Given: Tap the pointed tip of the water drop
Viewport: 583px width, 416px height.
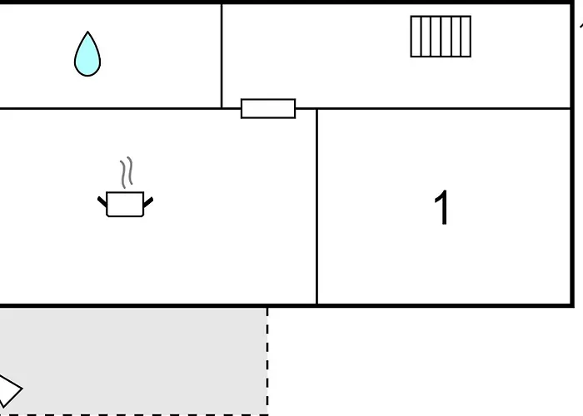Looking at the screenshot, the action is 87,32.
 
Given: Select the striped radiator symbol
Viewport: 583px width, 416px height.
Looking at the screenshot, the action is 441,37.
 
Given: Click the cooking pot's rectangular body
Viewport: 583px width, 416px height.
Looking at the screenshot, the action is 125,204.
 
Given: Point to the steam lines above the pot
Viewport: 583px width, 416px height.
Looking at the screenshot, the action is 127,172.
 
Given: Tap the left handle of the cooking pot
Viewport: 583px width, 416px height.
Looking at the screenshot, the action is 102,201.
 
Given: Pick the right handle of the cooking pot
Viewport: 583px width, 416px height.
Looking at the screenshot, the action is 148,202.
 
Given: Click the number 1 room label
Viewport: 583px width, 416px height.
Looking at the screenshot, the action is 441,207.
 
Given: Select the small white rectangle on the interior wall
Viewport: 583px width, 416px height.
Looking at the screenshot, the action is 268,108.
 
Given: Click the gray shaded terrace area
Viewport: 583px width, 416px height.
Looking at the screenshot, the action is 134,361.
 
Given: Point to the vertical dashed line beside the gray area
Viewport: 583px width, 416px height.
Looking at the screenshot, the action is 267,361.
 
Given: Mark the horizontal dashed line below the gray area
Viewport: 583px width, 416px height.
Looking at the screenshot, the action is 134,414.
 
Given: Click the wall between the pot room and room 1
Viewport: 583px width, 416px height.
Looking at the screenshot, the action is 316,206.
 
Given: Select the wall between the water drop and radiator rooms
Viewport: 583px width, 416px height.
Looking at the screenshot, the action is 222,56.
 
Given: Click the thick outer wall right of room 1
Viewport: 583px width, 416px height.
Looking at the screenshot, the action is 573,154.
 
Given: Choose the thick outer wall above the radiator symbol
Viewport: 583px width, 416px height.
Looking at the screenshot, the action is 441,2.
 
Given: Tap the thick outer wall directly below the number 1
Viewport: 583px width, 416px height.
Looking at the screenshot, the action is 441,305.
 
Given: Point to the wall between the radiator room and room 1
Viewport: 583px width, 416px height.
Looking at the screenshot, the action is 444,108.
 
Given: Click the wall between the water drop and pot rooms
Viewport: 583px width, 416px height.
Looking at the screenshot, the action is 111,108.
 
